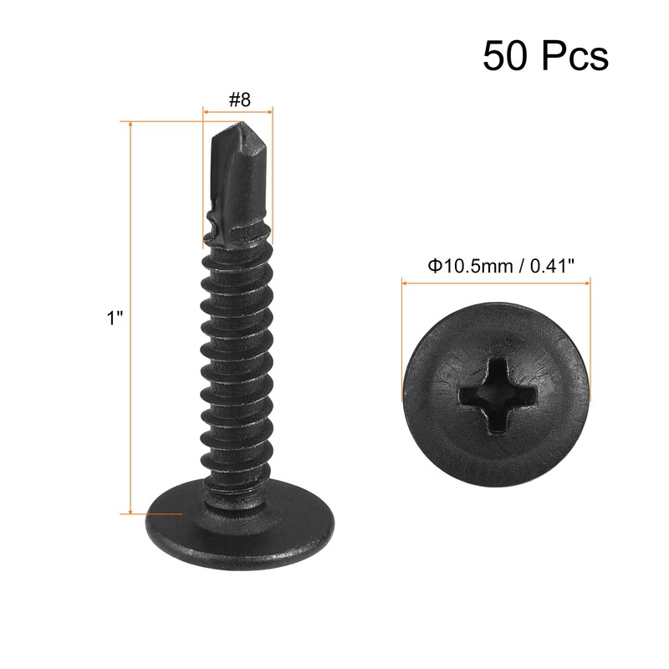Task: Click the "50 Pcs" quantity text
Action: pyautogui.click(x=544, y=56)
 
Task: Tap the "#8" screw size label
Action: pyautogui.click(x=239, y=99)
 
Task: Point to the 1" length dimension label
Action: pyautogui.click(x=115, y=319)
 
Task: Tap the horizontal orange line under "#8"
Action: pyautogui.click(x=239, y=110)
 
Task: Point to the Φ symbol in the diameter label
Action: pyautogui.click(x=434, y=266)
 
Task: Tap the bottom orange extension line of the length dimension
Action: pyautogui.click(x=151, y=513)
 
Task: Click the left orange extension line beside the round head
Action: pyautogui.click(x=403, y=334)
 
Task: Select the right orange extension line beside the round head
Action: pyautogui.click(x=590, y=334)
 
